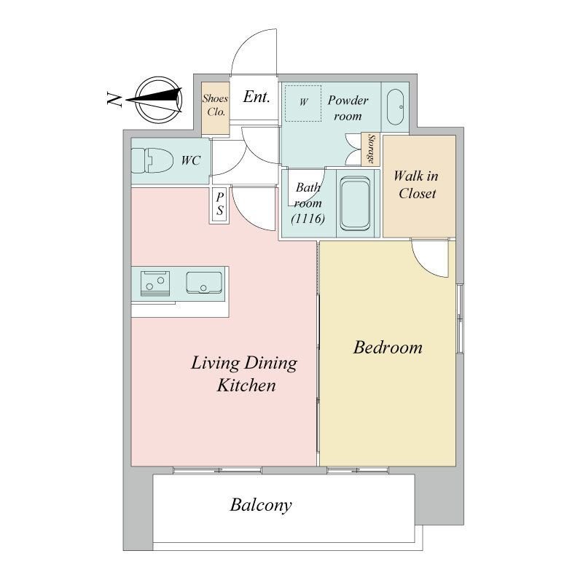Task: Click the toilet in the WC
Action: [x=152, y=160]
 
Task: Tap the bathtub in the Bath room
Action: [x=355, y=204]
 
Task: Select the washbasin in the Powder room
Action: [x=395, y=107]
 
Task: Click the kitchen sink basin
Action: [x=204, y=283]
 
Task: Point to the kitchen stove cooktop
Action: [x=155, y=283]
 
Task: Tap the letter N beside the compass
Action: [x=114, y=99]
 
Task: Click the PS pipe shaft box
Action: [x=220, y=206]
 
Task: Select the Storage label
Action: [x=371, y=149]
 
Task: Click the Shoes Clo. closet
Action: [x=215, y=108]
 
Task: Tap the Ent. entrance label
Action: [x=257, y=97]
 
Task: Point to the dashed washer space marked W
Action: [x=303, y=103]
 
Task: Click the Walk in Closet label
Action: [x=416, y=185]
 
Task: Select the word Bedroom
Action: [x=388, y=348]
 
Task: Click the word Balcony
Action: [x=261, y=506]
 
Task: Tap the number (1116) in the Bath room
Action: [x=308, y=219]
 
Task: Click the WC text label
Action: [x=191, y=160]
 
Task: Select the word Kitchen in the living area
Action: [x=246, y=386]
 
